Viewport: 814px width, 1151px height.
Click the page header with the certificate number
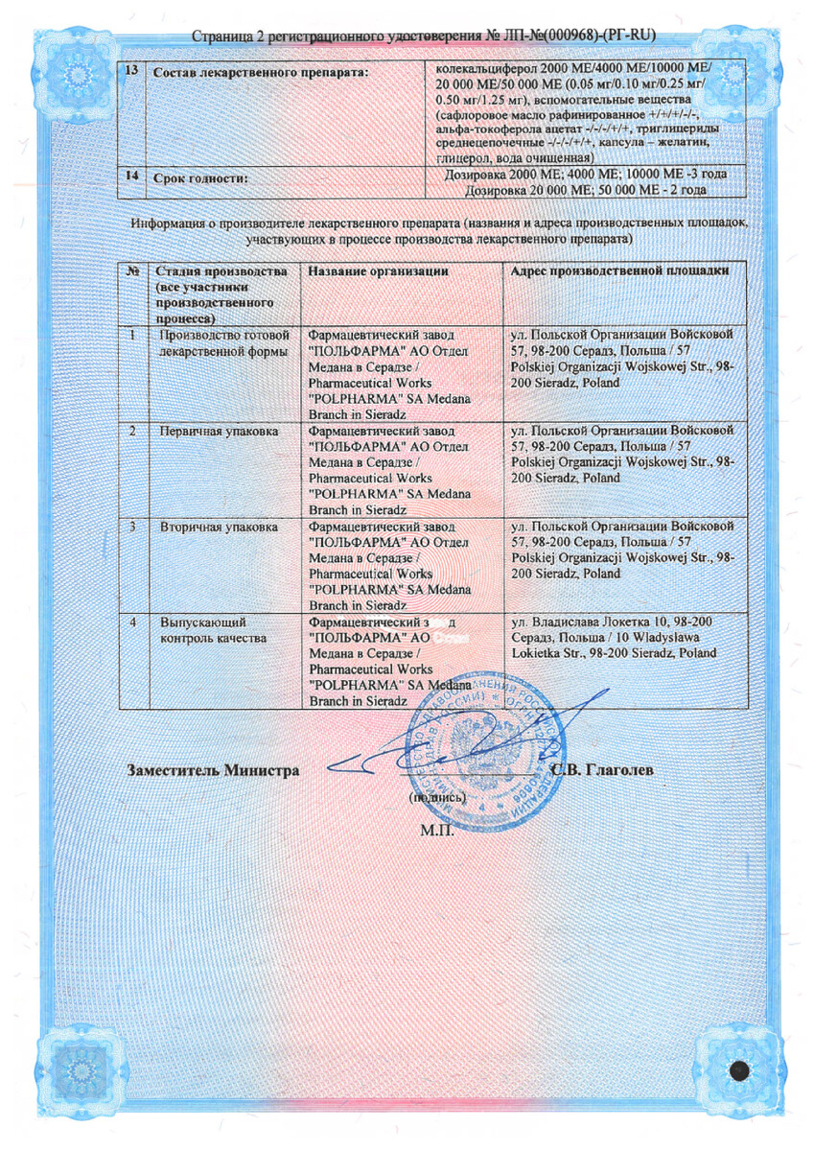tap(423, 36)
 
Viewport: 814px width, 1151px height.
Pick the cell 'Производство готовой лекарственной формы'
tap(223, 342)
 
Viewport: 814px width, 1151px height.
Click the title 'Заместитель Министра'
tap(213, 770)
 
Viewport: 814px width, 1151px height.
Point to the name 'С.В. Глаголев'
tap(603, 770)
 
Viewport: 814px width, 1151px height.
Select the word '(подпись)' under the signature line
tap(437, 796)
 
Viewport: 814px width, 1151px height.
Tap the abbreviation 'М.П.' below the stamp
tap(436, 827)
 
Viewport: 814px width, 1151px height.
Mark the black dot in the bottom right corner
tap(739, 1070)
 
